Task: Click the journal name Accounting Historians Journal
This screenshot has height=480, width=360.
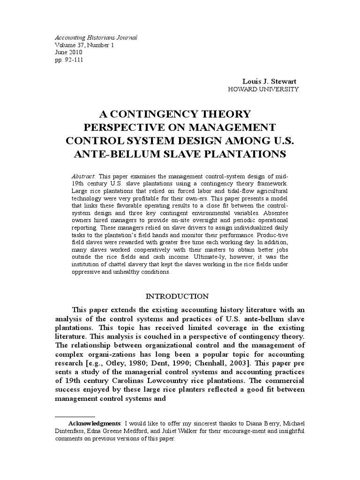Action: [x=96, y=37]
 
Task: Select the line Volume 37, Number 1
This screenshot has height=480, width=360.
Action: [x=84, y=45]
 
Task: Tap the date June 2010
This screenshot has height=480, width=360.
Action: [x=68, y=52]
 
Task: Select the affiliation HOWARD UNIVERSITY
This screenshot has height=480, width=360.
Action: [x=262, y=89]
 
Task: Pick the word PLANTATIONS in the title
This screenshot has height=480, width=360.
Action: [x=245, y=154]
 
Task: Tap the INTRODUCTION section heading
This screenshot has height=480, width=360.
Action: [x=177, y=296]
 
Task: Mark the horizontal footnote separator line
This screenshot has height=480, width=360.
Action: [x=75, y=416]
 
